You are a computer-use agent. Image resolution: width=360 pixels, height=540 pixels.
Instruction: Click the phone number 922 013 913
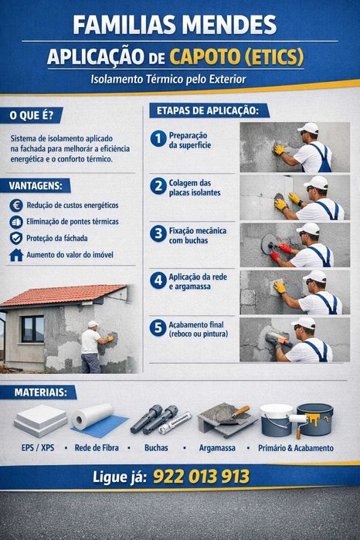click(x=201, y=477)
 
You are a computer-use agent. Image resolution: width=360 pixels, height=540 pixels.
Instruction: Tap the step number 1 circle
click(x=158, y=139)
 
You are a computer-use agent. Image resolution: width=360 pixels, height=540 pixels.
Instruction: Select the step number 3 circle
click(x=158, y=235)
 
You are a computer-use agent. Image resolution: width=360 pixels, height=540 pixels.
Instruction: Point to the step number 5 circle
click(x=158, y=328)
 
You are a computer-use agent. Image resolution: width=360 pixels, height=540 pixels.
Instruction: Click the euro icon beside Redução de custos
click(x=16, y=205)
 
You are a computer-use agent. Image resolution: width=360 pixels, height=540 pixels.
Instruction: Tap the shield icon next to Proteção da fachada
click(x=16, y=238)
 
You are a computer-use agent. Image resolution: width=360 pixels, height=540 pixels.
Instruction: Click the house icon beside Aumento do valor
click(x=16, y=254)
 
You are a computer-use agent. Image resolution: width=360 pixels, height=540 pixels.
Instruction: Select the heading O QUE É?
click(x=32, y=116)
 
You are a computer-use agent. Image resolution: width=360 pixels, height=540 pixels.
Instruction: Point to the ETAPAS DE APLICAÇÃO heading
click(x=208, y=110)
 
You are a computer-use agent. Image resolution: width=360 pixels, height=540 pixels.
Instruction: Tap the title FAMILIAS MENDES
click(x=174, y=25)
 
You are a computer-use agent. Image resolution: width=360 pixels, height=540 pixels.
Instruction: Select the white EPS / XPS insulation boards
click(x=39, y=420)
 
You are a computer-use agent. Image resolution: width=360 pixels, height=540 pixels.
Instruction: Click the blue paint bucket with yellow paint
click(x=314, y=419)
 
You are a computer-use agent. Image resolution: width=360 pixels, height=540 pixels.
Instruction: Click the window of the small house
click(x=32, y=328)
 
